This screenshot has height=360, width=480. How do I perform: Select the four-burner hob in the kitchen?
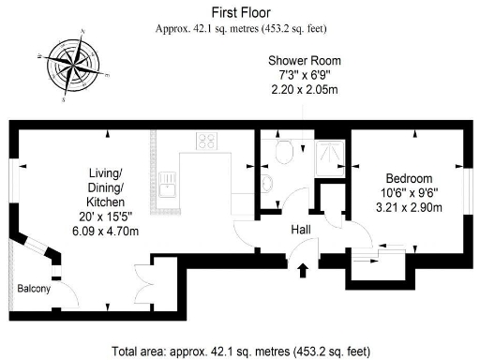(208, 142)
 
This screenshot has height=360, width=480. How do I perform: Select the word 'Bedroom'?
(409, 178)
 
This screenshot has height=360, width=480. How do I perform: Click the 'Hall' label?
(302, 230)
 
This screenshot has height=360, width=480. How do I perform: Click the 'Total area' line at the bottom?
(241, 351)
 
